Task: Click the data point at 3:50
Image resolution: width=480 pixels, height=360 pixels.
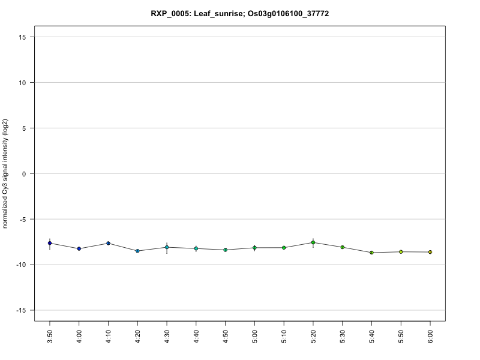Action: (x=50, y=243)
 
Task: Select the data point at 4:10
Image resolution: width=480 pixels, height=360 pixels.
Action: (x=109, y=243)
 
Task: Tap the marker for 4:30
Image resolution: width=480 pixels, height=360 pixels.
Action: (x=167, y=247)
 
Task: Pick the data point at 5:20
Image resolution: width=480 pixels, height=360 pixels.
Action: (x=313, y=242)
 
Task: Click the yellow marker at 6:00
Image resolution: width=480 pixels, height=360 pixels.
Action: (x=430, y=252)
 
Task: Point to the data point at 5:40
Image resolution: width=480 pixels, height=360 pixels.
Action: (x=372, y=253)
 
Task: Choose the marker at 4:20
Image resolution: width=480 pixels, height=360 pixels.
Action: (x=137, y=251)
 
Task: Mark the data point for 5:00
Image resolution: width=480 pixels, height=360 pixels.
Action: (x=254, y=248)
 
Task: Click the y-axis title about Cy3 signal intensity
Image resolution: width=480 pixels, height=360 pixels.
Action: (x=6, y=174)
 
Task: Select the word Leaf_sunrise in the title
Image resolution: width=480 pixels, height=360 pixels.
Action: (x=219, y=13)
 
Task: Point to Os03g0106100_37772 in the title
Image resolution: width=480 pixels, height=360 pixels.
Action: (x=289, y=13)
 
